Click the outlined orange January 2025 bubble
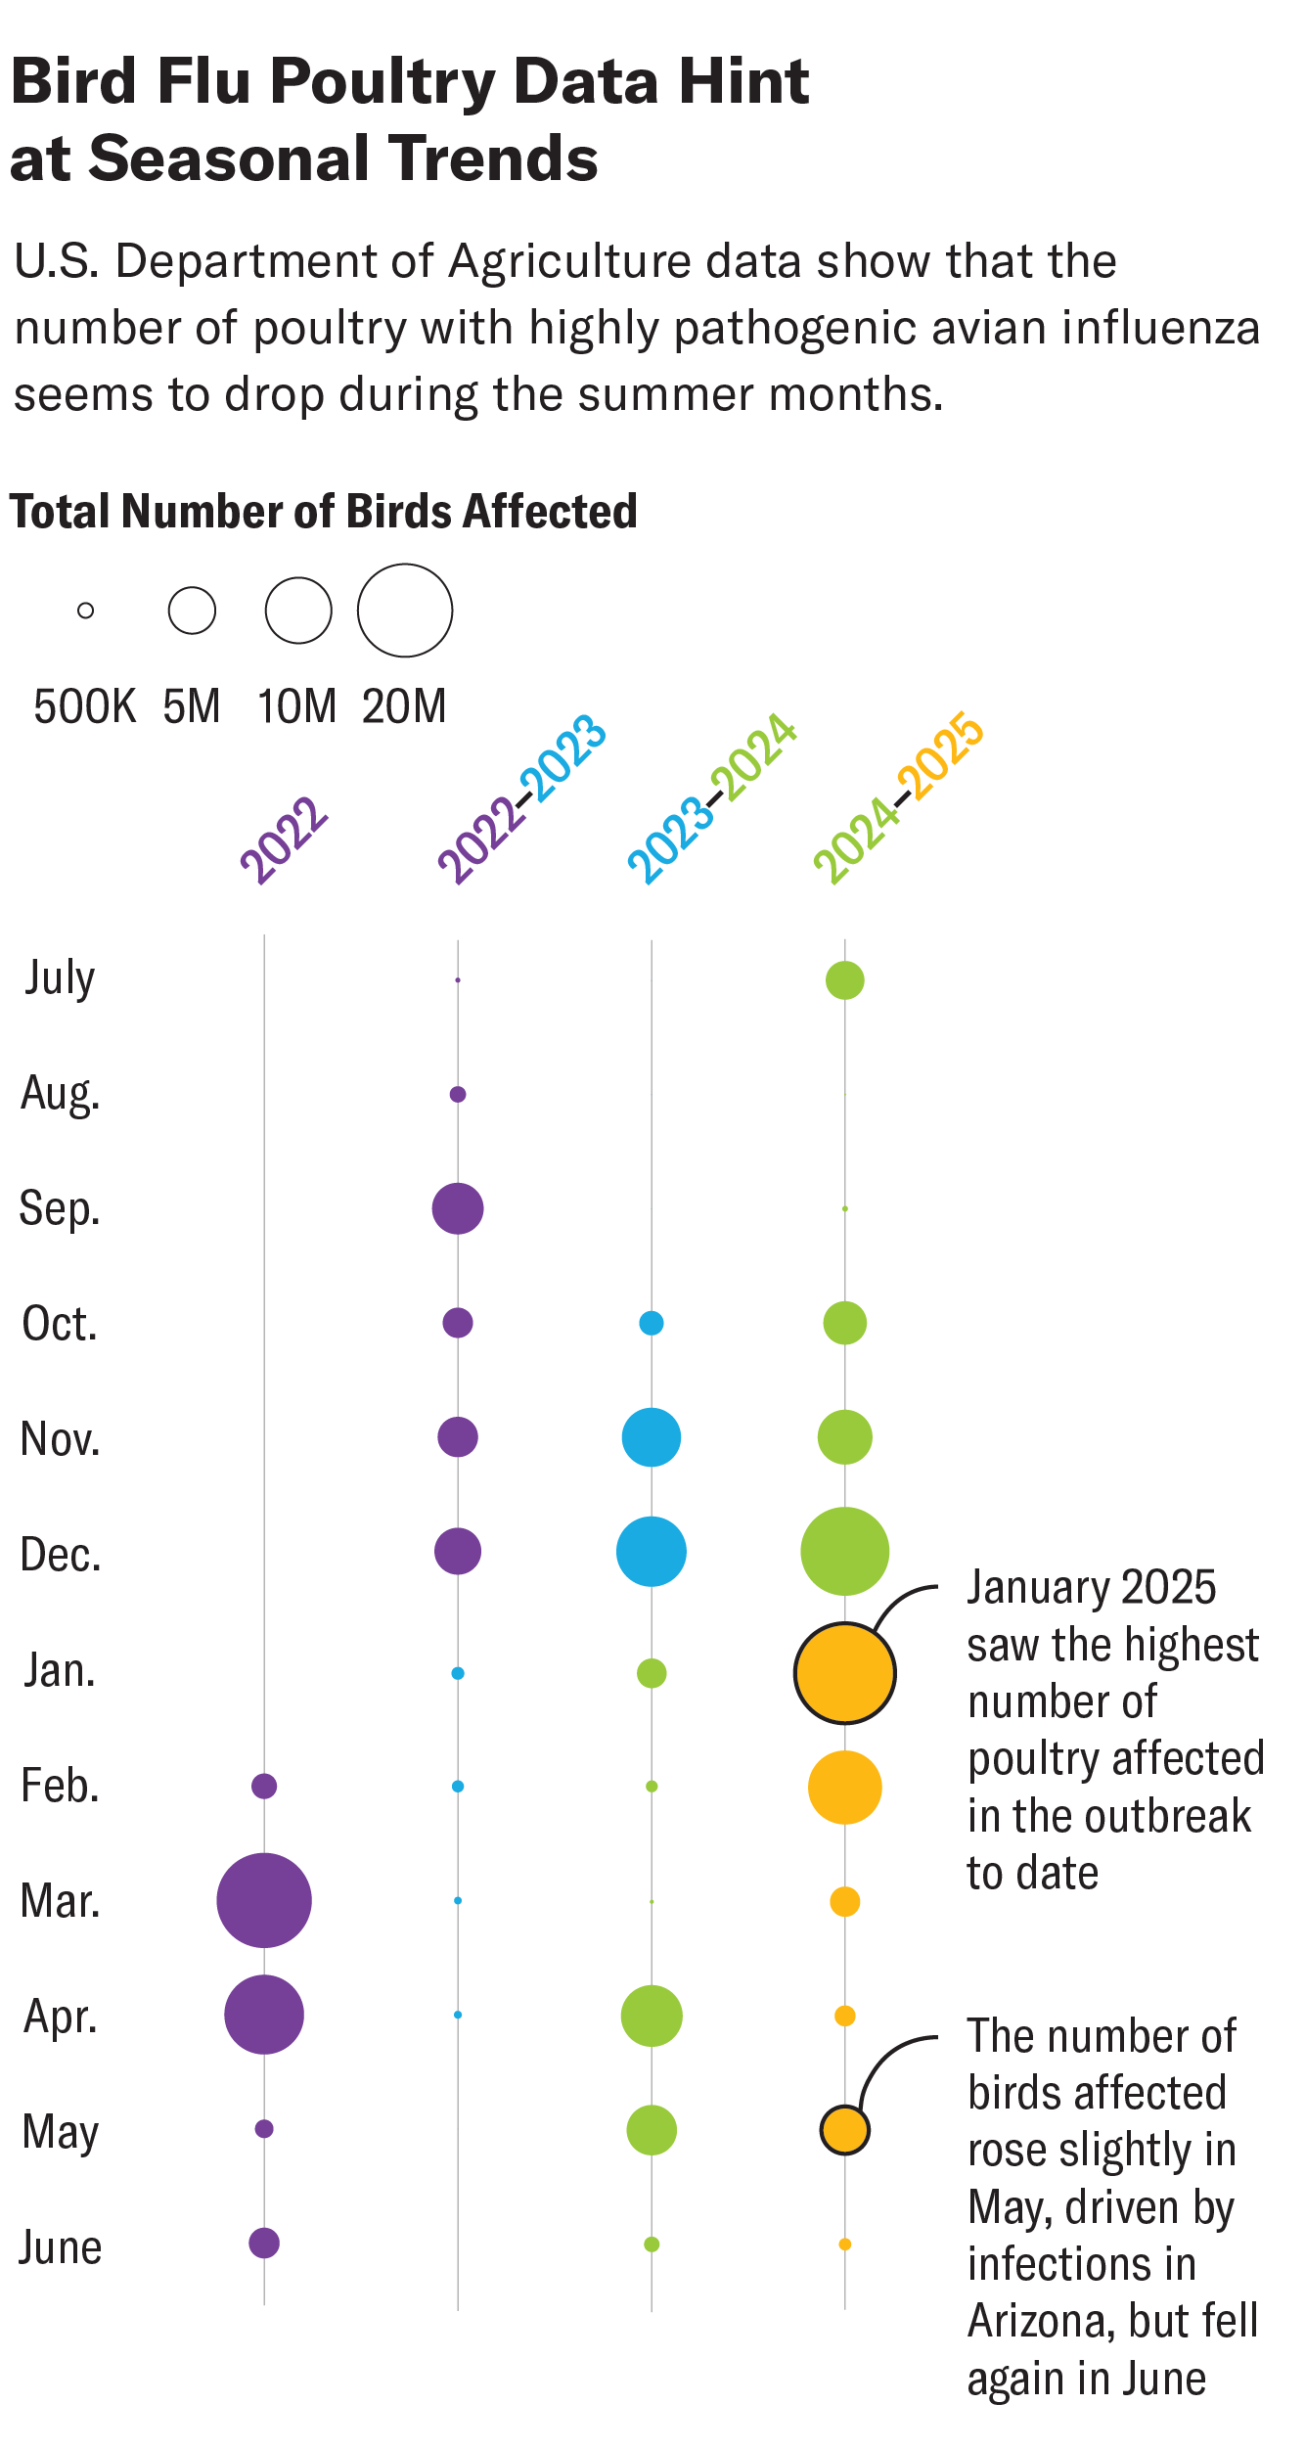(x=844, y=1673)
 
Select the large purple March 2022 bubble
(x=264, y=1900)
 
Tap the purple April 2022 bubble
(x=264, y=2015)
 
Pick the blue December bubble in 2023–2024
(x=652, y=1552)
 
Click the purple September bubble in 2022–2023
(x=458, y=1208)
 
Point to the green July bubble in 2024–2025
(x=845, y=980)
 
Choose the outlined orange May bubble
(x=844, y=2129)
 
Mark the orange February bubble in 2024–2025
(x=845, y=1788)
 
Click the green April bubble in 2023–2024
(x=652, y=2016)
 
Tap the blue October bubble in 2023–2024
(x=652, y=1323)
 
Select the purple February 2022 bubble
(x=264, y=1786)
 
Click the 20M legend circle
(x=405, y=611)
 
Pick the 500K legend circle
(x=86, y=611)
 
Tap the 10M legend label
(x=296, y=706)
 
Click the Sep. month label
(x=60, y=1209)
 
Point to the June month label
(x=61, y=2247)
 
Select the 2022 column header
(x=284, y=841)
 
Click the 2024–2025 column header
(x=898, y=798)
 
